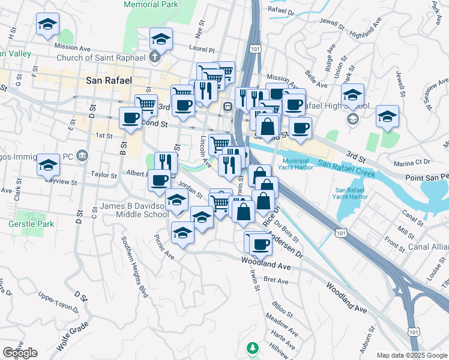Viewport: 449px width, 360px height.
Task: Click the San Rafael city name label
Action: pos(109,80)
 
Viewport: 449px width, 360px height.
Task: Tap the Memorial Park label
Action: pos(151,4)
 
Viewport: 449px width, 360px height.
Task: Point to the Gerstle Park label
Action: pos(35,224)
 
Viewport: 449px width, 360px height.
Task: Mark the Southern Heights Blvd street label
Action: pos(134,265)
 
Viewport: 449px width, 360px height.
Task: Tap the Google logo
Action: pos(20,353)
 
